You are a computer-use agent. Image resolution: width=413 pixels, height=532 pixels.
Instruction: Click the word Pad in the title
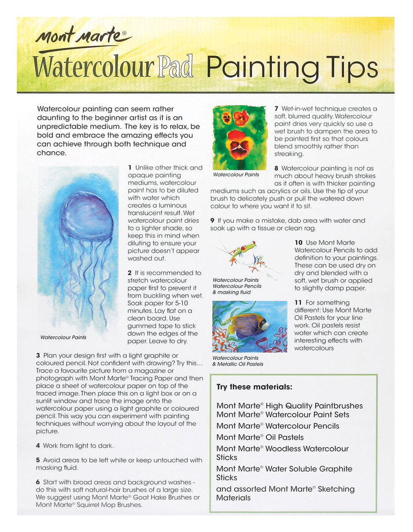coord(175,66)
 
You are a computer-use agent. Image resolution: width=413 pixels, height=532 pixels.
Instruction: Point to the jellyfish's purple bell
coord(87,216)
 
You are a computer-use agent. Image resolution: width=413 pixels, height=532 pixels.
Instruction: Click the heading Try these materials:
coord(254,387)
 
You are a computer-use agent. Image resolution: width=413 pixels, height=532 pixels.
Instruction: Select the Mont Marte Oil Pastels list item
coord(260,437)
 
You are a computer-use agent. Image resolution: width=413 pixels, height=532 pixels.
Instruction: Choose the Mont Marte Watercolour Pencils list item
coord(278,426)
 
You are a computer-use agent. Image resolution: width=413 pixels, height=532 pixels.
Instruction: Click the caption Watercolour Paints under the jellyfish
coord(63,337)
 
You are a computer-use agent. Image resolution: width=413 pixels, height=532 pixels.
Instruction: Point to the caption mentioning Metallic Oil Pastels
coord(238,364)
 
